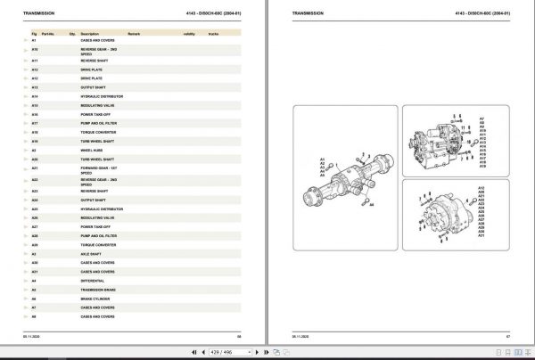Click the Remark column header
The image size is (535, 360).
click(x=134, y=32)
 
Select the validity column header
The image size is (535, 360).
click(x=189, y=32)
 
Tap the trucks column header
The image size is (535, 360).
click(x=213, y=32)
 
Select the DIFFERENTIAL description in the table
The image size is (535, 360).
click(x=93, y=279)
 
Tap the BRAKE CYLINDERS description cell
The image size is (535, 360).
click(x=95, y=298)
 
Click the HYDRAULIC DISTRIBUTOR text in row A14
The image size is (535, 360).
click(x=101, y=95)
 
